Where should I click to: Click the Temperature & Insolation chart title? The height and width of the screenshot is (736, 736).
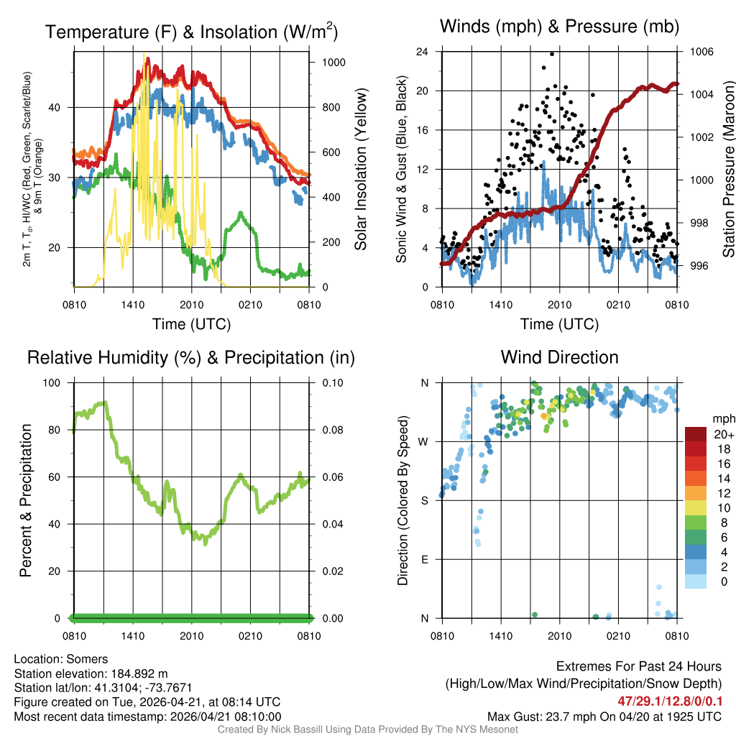coord(192,32)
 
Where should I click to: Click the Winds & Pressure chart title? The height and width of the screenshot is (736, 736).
coord(559,27)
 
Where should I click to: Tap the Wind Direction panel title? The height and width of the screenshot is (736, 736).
coord(559,357)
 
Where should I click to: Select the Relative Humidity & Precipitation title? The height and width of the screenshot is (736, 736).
coord(190,357)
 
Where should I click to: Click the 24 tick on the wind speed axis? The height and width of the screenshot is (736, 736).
coord(423,52)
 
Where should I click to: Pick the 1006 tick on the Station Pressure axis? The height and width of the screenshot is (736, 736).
coord(700,52)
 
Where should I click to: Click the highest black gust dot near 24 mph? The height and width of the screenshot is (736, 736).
coord(552,54)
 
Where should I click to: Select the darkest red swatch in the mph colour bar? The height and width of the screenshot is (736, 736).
coord(696,434)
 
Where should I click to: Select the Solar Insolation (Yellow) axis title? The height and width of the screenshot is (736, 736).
coord(360,170)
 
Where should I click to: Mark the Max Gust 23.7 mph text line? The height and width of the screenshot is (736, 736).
coord(604,716)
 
